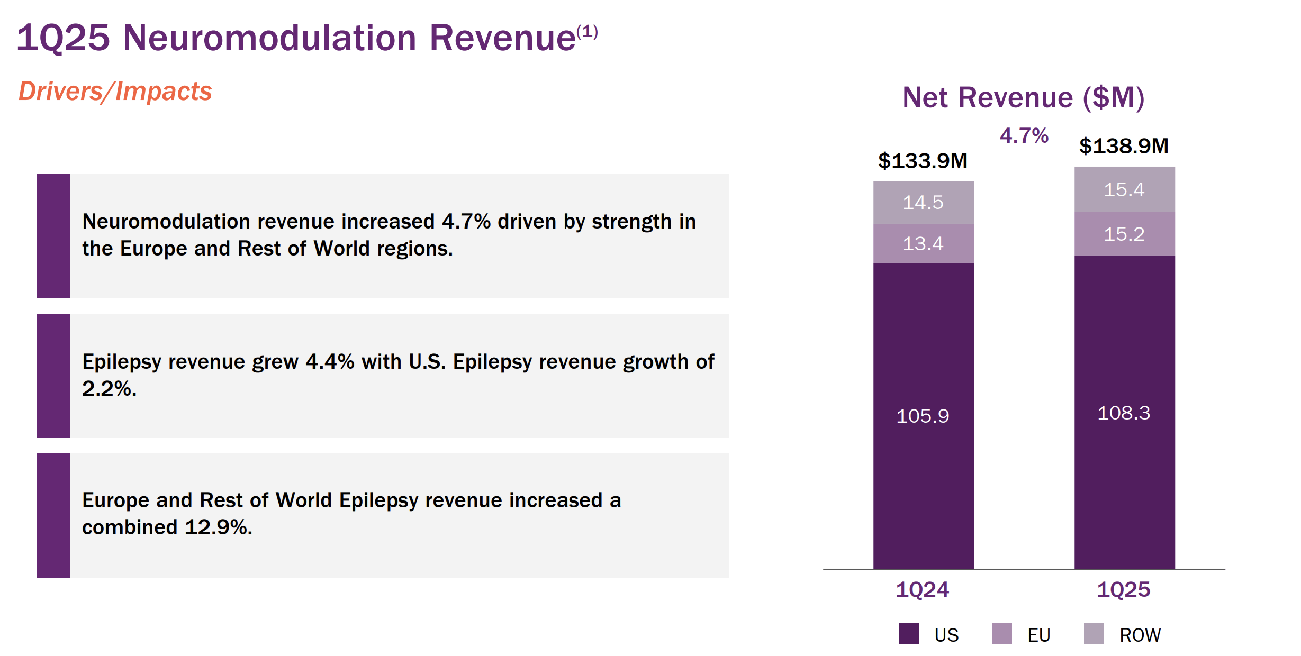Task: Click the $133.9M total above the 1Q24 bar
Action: (x=923, y=161)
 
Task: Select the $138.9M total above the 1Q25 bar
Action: (x=1124, y=146)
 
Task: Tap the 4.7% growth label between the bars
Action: (x=1024, y=136)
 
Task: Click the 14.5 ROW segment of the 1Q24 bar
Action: (x=923, y=203)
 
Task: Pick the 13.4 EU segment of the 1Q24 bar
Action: (x=923, y=243)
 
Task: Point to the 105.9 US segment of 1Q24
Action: (x=923, y=416)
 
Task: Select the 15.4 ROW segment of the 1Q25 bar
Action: (x=1124, y=189)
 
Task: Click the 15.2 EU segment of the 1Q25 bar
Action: (x=1124, y=234)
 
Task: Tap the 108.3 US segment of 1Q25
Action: (x=1124, y=413)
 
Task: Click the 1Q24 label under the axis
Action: (x=922, y=589)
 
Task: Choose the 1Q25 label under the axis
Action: (x=1123, y=589)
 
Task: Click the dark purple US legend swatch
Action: (x=908, y=634)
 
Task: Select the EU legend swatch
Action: (x=1001, y=634)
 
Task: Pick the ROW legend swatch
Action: (x=1094, y=634)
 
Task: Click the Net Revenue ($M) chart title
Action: (x=1024, y=97)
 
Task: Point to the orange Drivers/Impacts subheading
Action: (x=115, y=91)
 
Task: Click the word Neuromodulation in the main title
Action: (x=269, y=38)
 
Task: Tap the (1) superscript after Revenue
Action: (x=587, y=32)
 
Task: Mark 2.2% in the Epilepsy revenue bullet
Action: (x=109, y=389)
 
